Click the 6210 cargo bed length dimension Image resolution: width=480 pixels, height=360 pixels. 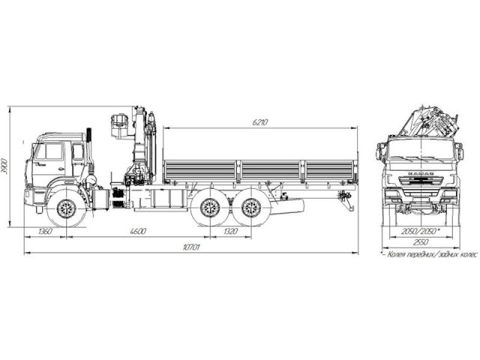click(260, 121)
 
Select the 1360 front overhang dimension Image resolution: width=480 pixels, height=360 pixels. click(44, 232)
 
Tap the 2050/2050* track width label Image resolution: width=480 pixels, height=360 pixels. click(419, 232)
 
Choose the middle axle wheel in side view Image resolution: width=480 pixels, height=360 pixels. click(206, 208)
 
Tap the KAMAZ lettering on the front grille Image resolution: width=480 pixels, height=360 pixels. click(418, 174)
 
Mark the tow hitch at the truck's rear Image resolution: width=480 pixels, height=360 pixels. click(346, 199)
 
